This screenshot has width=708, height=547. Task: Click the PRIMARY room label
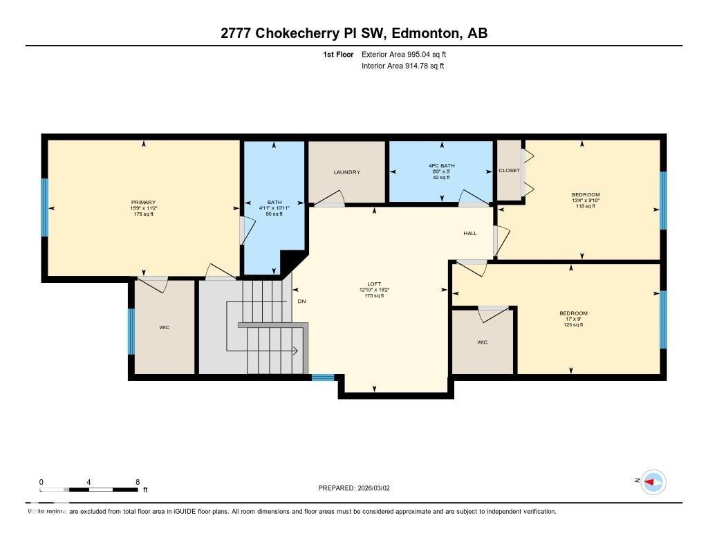[144, 203]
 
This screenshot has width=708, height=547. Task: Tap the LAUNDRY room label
[346, 172]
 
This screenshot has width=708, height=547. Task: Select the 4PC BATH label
[440, 165]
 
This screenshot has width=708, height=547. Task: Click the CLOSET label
[509, 171]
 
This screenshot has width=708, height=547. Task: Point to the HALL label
[470, 234]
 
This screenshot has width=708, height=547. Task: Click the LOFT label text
[373, 284]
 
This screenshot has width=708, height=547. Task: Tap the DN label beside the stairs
[301, 302]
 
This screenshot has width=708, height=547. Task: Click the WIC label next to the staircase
[164, 327]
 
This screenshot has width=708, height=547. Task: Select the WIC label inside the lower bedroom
[482, 342]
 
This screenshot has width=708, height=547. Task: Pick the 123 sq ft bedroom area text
[573, 324]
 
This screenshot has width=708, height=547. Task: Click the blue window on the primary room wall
[45, 207]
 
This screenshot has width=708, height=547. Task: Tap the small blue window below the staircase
[322, 378]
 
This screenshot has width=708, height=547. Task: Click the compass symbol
[653, 482]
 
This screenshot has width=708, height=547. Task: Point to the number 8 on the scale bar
[138, 482]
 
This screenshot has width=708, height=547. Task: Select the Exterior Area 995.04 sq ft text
[409, 54]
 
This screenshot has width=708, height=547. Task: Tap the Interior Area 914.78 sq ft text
[402, 66]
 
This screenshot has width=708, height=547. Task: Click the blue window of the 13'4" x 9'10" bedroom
[663, 201]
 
